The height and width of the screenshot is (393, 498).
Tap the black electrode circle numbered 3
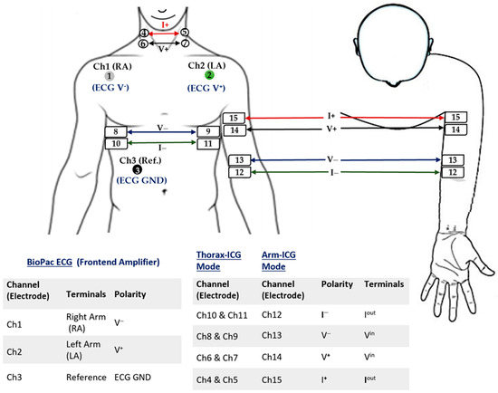(137, 169)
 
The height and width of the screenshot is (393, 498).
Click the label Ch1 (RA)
(110, 66)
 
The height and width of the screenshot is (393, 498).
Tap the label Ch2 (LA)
(208, 65)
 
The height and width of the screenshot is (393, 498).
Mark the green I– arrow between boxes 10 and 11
(160, 143)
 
